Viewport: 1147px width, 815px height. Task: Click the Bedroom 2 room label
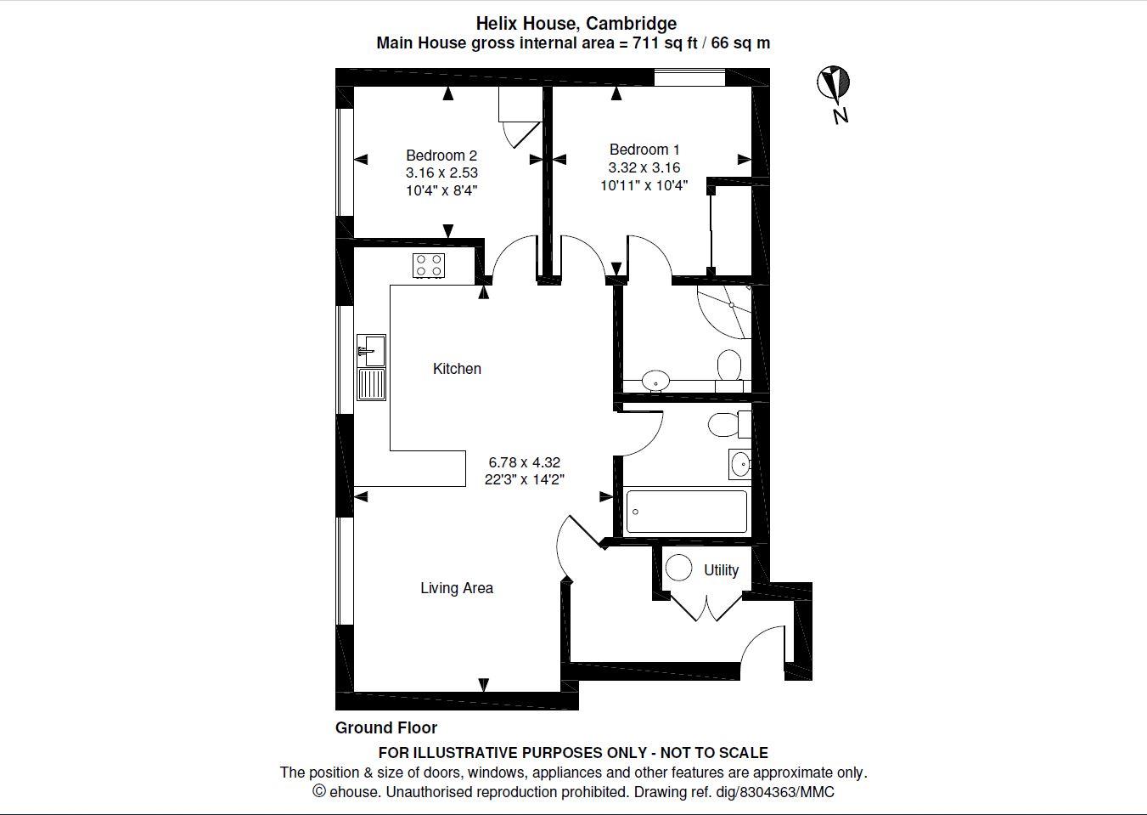pyautogui.click(x=441, y=156)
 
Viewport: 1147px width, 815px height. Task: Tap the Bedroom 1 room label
pyautogui.click(x=644, y=150)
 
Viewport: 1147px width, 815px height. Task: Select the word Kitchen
pyautogui.click(x=457, y=369)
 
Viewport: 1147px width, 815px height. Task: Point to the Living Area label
pyautogui.click(x=457, y=588)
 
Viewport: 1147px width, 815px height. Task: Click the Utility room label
pyautogui.click(x=721, y=570)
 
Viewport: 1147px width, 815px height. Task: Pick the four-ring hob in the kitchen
pyautogui.click(x=429, y=265)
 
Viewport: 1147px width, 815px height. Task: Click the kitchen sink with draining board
pyautogui.click(x=372, y=367)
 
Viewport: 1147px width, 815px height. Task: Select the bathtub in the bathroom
pyautogui.click(x=686, y=512)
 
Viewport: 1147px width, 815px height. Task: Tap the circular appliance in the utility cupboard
pyautogui.click(x=678, y=568)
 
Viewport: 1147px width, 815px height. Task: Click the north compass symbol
pyautogui.click(x=834, y=85)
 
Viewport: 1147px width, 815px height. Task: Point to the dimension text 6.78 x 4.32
pyautogui.click(x=524, y=462)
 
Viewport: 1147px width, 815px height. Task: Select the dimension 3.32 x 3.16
pyautogui.click(x=644, y=167)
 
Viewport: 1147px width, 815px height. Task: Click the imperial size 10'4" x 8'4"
pyautogui.click(x=441, y=190)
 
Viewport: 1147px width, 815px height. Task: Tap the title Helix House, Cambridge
pyautogui.click(x=576, y=23)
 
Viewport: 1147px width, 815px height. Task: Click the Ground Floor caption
pyautogui.click(x=386, y=727)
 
